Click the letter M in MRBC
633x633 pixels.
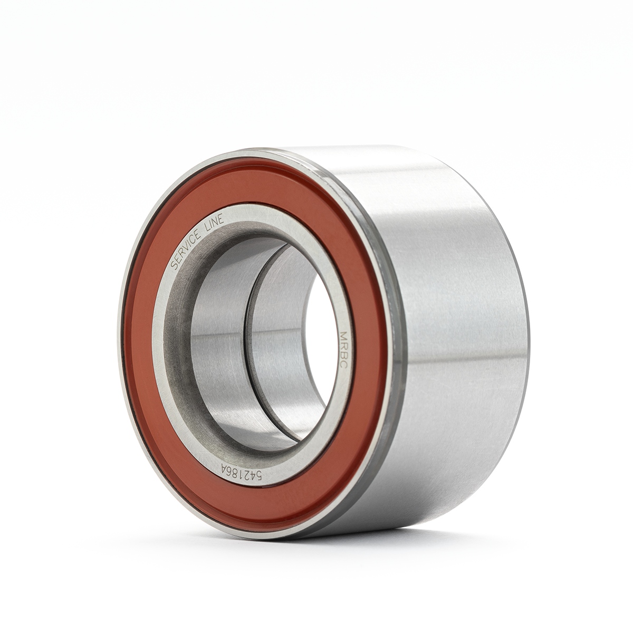[x=343, y=335]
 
